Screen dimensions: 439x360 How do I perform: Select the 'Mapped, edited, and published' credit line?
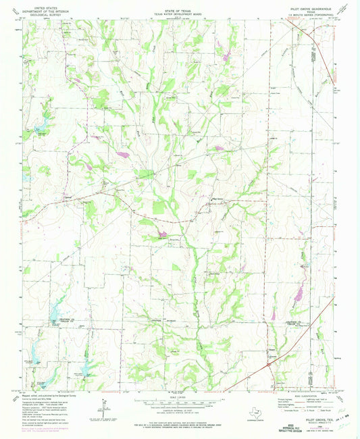41,396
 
